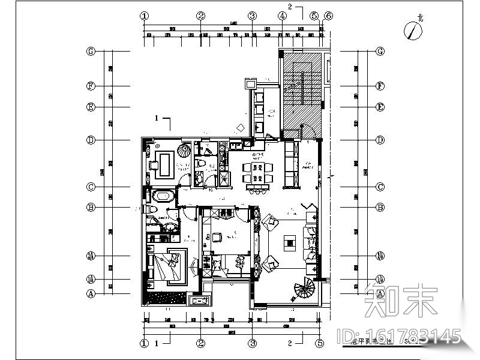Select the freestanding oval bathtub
tap(162, 196)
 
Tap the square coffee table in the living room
tap(290, 243)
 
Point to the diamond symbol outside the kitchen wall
tap(240, 127)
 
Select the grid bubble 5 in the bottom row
tap(314, 344)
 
